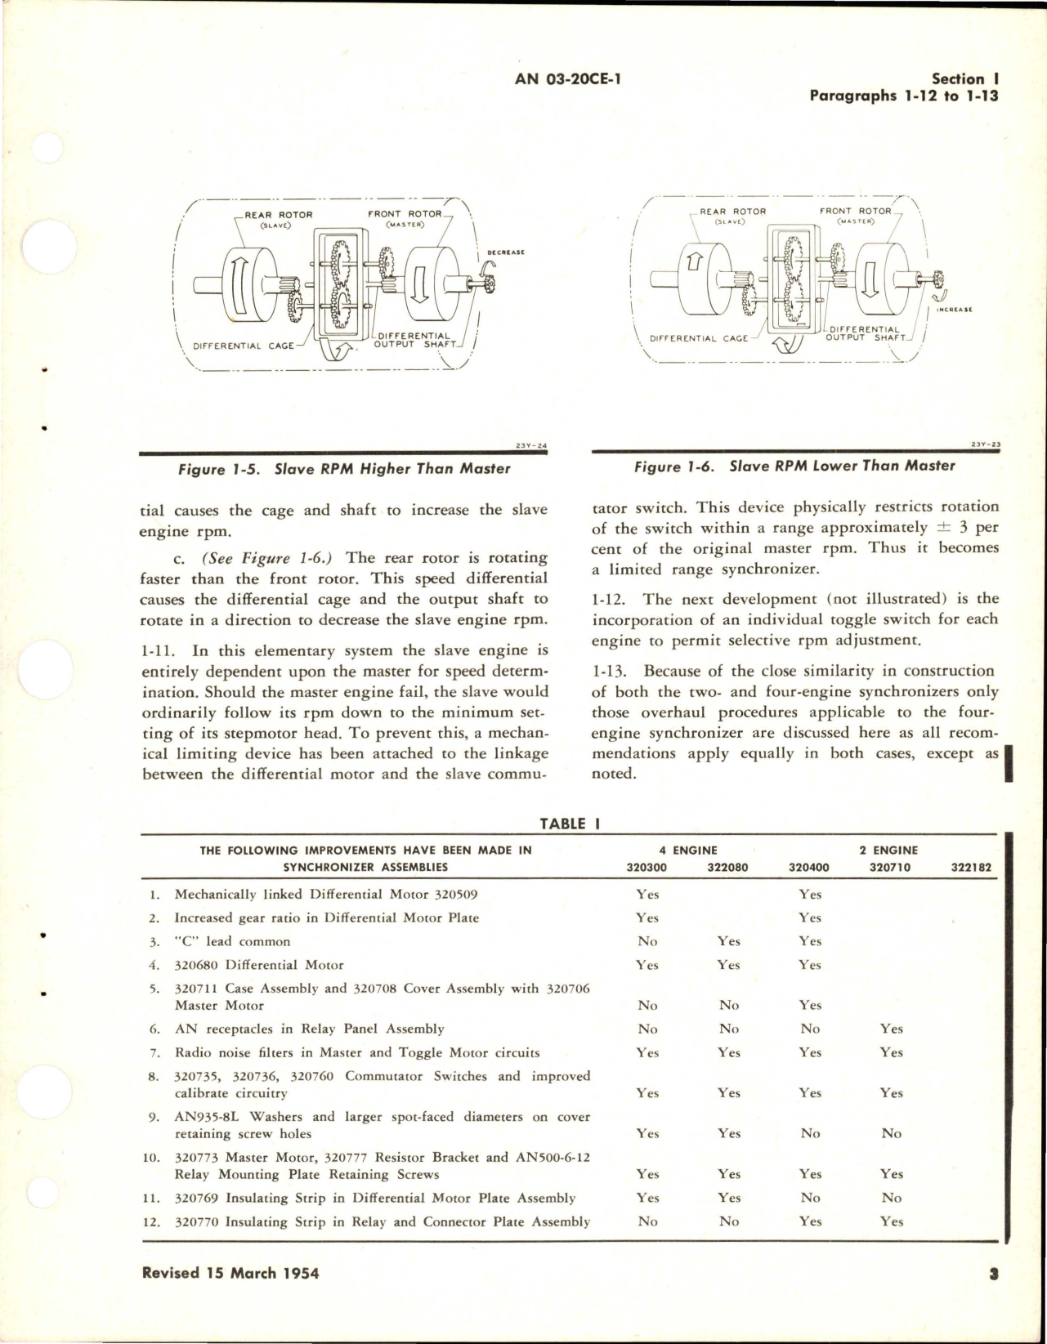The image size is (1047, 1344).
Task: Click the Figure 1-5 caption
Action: (344, 469)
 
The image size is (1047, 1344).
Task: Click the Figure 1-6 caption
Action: (794, 466)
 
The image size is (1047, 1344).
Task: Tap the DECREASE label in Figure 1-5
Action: (505, 252)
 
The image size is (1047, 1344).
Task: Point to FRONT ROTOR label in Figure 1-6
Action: (855, 211)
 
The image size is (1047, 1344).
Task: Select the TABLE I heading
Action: (570, 824)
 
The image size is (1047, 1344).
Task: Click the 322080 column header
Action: (727, 867)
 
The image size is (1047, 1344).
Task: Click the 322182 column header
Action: (972, 867)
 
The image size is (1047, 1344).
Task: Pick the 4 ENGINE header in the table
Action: (688, 850)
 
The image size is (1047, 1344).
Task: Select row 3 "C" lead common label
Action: (232, 941)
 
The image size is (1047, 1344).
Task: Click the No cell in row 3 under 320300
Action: (647, 941)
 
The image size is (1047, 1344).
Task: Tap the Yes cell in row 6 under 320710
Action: (891, 1029)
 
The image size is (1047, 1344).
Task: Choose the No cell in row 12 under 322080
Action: (728, 1221)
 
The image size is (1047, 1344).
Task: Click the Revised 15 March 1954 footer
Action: (230, 1272)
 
